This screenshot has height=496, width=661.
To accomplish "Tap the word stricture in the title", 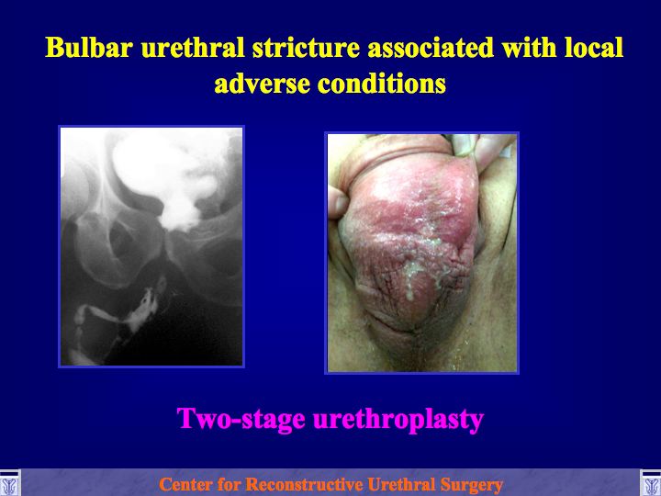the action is (x=306, y=47).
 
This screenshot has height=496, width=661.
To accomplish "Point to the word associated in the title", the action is (x=431, y=47).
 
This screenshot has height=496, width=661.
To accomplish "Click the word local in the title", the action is (x=594, y=47).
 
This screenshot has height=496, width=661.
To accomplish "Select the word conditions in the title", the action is (x=382, y=83).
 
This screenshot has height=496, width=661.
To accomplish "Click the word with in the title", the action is (x=529, y=47).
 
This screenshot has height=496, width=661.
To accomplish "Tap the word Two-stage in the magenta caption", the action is (x=241, y=419).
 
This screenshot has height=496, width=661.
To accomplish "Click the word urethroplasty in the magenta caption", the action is (x=398, y=420).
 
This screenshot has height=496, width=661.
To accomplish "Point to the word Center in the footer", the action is (x=185, y=484).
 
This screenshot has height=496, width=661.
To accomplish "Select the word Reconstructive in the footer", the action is (x=304, y=484).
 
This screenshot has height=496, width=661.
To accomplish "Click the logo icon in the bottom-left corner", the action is (x=10, y=483).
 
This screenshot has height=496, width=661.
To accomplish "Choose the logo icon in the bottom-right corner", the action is (x=651, y=483).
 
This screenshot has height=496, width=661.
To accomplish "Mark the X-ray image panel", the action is (x=151, y=246).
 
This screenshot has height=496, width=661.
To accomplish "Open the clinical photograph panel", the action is (x=421, y=253).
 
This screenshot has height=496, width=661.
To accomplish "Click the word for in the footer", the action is (x=228, y=484).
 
